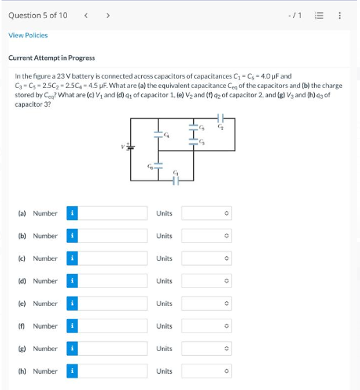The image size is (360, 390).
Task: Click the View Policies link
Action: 28,35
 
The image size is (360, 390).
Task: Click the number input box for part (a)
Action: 112,213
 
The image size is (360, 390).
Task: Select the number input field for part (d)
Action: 112,281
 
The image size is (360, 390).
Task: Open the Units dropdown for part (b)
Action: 206,236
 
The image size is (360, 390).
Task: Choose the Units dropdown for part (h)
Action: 206,371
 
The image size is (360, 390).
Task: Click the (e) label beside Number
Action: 22,304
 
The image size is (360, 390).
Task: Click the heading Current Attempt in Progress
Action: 51,58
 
